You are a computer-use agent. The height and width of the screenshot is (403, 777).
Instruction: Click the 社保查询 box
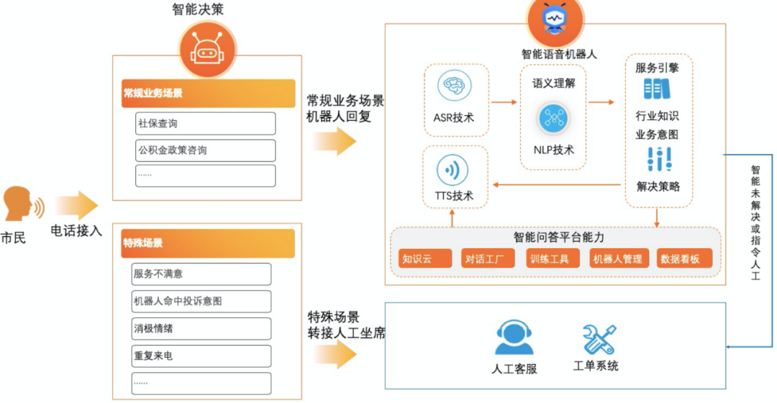click(205, 123)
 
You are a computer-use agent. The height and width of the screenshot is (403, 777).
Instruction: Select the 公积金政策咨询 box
click(205, 150)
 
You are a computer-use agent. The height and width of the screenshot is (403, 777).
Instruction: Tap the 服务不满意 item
click(201, 274)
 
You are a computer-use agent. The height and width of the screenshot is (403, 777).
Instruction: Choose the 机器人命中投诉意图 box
click(201, 302)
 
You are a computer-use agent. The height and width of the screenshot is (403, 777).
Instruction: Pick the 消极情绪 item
click(201, 329)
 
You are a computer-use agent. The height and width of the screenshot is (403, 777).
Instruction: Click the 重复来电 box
click(201, 356)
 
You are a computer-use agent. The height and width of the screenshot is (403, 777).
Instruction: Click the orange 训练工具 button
click(550, 258)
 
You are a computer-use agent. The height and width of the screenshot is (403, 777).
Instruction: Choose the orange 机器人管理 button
click(617, 258)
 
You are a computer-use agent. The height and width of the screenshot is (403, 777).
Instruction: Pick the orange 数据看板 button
click(684, 258)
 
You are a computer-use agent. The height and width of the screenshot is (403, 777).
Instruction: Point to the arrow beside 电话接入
click(78, 206)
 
